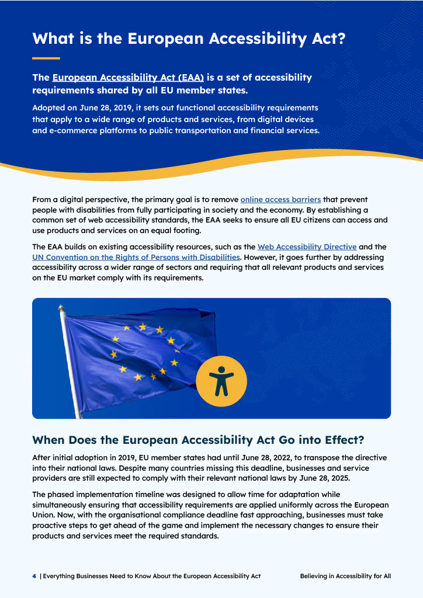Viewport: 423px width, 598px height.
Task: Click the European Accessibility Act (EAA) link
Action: [128, 78]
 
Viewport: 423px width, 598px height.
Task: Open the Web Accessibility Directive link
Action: [307, 247]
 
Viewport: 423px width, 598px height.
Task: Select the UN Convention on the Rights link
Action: [136, 257]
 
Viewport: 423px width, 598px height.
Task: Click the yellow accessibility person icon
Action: [221, 381]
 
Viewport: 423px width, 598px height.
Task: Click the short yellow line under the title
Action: [46, 58]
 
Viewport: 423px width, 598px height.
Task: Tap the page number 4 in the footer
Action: [34, 576]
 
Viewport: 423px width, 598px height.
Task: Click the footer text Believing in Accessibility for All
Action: [345, 576]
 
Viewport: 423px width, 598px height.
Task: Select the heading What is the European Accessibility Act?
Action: [189, 39]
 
